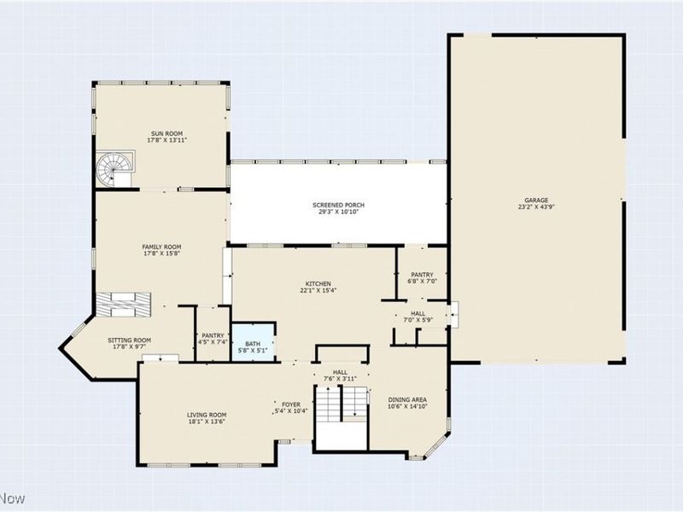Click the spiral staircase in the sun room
[115, 169]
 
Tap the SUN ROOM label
[166, 133]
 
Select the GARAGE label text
[536, 201]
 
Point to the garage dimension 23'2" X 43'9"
[536, 207]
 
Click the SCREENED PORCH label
[338, 205]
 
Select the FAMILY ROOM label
[161, 247]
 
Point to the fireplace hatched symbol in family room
[124, 305]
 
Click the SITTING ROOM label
[130, 340]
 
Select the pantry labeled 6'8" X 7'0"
[422, 273]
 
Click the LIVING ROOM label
[207, 415]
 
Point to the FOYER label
[291, 404]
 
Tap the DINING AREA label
[407, 399]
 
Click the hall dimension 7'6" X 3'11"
[340, 379]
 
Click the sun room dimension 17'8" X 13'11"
[167, 140]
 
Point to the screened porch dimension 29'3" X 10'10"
[338, 212]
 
